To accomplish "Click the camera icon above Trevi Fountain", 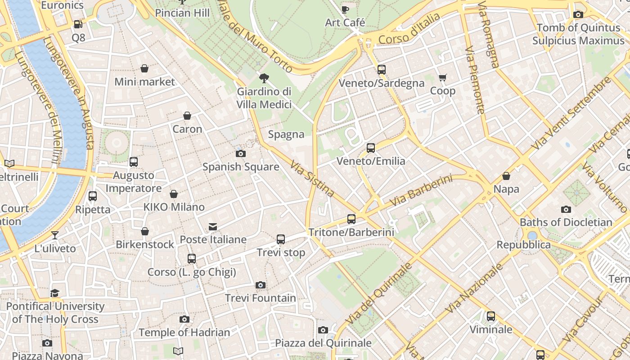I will tap(261, 285).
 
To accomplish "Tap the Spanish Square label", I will tap(241, 167).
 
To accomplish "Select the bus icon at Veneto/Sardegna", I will tap(382, 70).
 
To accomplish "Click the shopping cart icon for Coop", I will tap(443, 78).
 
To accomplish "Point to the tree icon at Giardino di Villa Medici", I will tap(264, 78).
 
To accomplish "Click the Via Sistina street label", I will tap(312, 179).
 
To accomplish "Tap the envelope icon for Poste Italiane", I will tap(213, 226).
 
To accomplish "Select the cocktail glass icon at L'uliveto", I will tap(55, 235).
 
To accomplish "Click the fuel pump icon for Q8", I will tap(78, 24).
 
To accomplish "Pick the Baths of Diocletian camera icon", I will tap(566, 209).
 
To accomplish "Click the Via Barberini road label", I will tap(421, 191).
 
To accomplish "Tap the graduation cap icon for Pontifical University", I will tap(55, 293).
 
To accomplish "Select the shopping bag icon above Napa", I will tap(506, 176).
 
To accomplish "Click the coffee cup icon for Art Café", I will tap(345, 9).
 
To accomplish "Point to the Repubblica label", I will tap(523, 245).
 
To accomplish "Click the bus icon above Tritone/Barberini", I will tap(351, 219).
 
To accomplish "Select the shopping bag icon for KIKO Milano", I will tap(174, 194).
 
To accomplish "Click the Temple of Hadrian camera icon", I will tap(184, 319).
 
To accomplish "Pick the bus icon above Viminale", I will tap(491, 316).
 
